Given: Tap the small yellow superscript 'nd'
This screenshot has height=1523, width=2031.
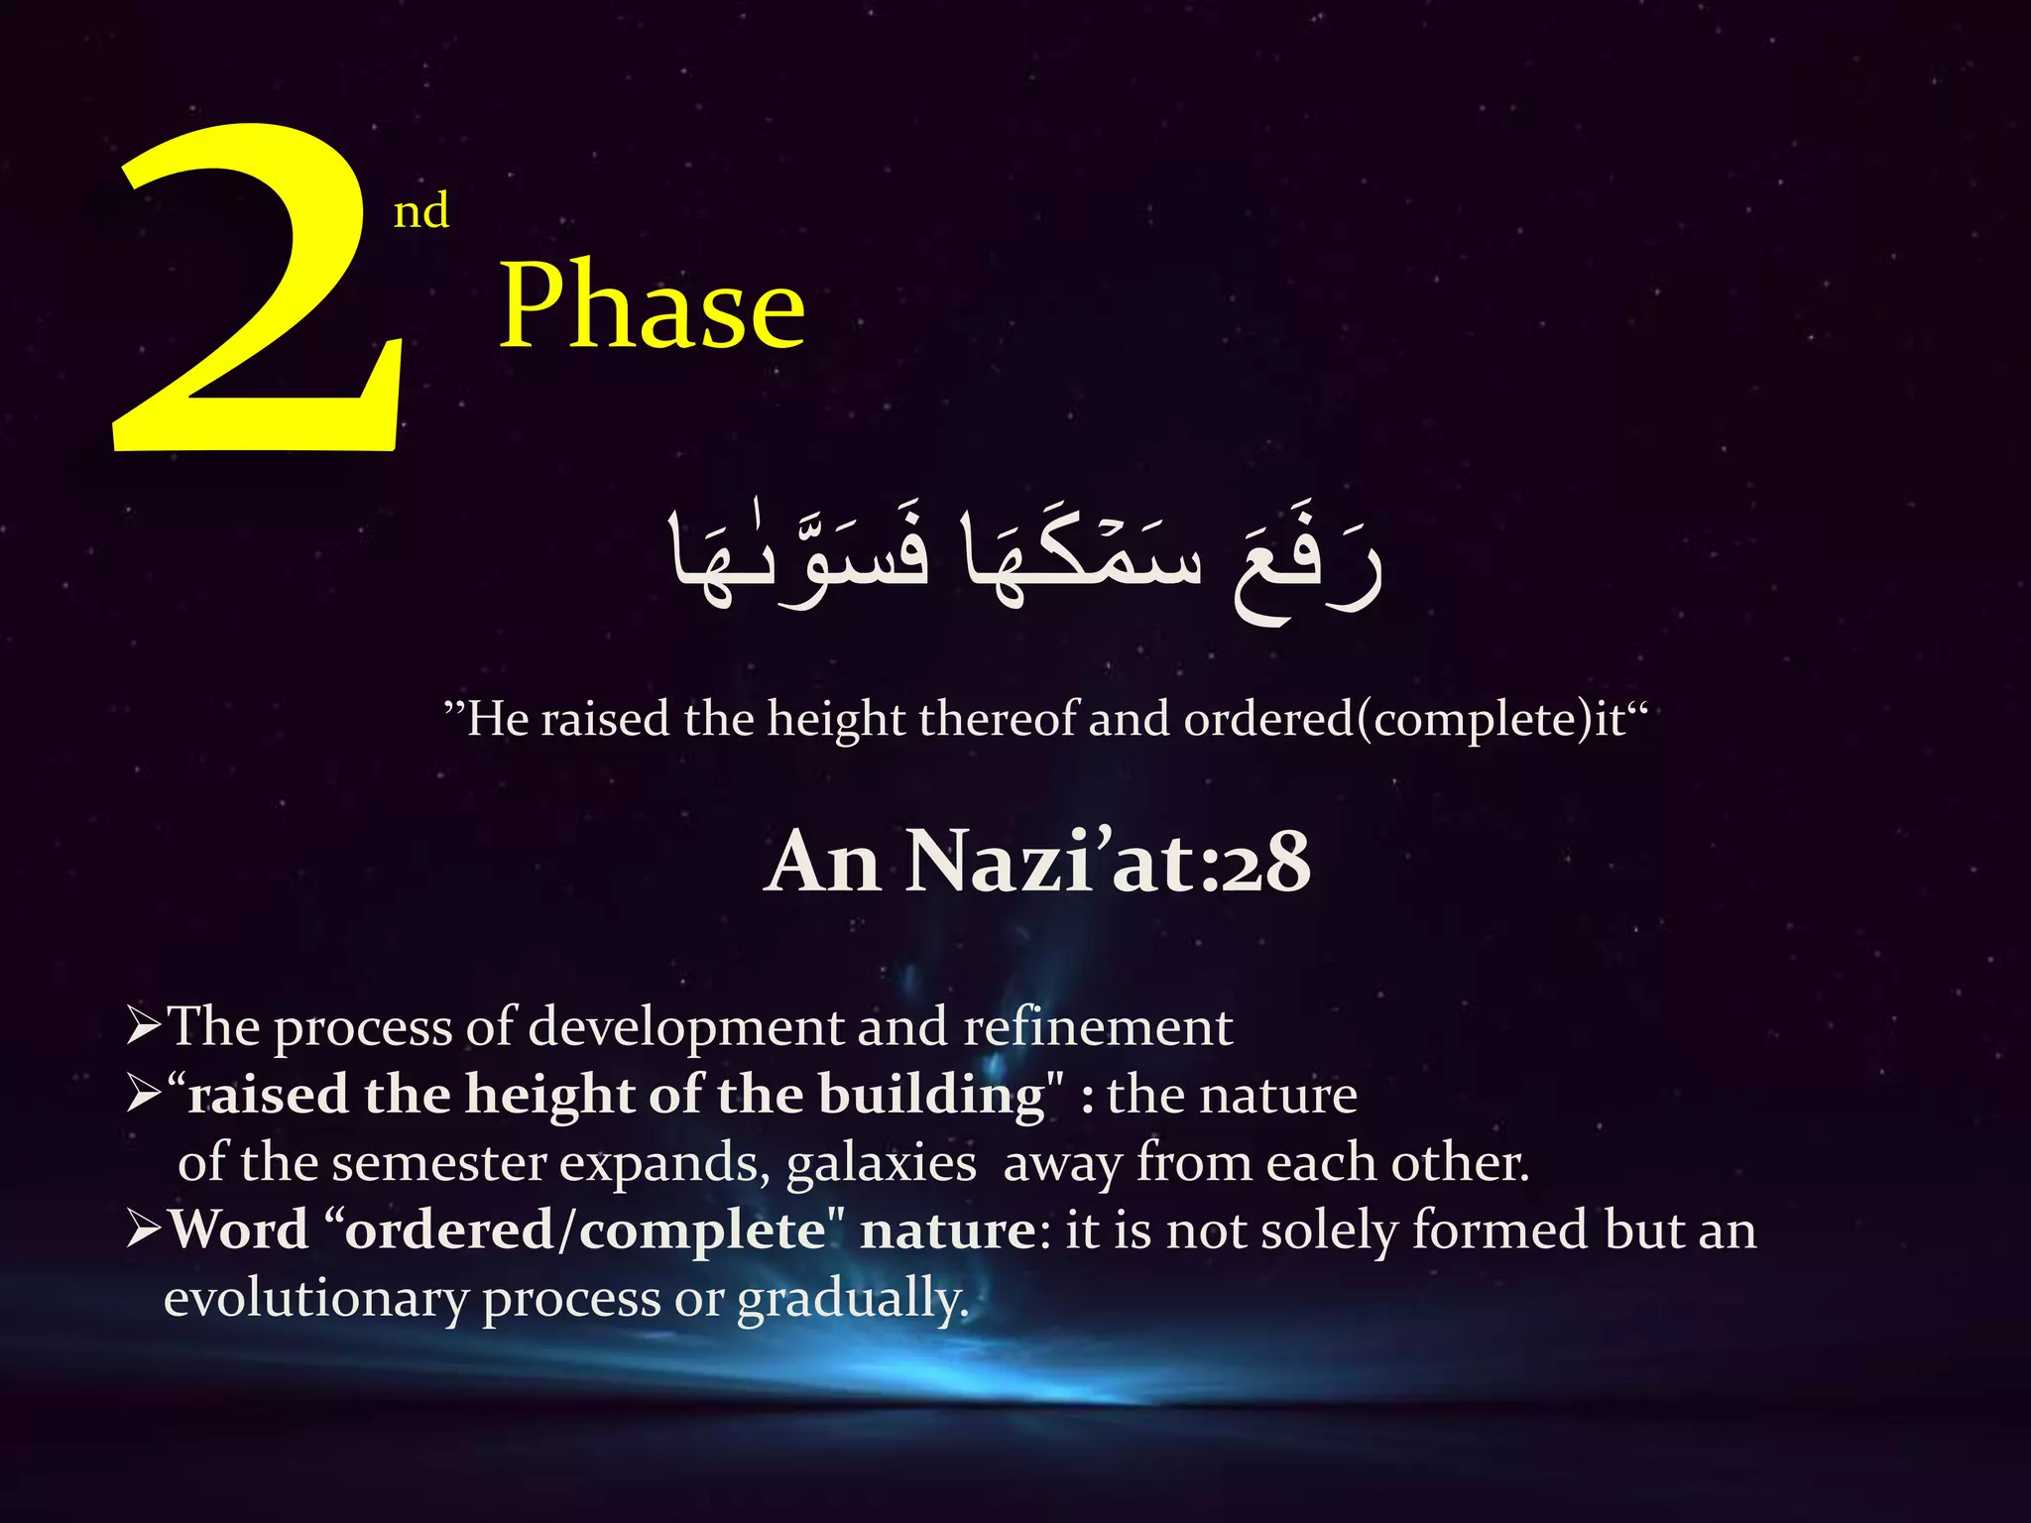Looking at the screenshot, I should [420, 211].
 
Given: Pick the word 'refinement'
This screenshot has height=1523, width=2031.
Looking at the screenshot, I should [1098, 1026].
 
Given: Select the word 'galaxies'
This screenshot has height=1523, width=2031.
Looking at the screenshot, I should [881, 1163].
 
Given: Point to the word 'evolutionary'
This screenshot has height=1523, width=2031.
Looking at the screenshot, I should [315, 1299].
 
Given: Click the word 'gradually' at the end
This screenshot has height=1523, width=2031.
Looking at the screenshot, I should [852, 1300].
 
